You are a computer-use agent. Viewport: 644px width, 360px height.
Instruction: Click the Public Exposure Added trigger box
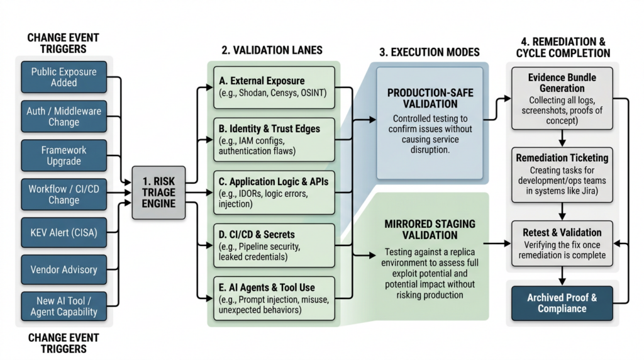click(x=64, y=77)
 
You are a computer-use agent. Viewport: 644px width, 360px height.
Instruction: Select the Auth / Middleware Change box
click(x=64, y=116)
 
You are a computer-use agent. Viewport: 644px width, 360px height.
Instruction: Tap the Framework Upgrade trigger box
click(x=64, y=156)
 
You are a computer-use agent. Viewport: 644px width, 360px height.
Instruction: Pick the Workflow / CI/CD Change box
click(x=64, y=194)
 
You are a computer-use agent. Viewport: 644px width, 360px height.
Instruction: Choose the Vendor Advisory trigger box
click(x=64, y=269)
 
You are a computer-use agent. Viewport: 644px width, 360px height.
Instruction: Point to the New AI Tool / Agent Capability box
click(x=64, y=306)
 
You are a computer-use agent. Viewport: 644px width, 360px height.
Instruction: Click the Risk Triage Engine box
click(x=160, y=193)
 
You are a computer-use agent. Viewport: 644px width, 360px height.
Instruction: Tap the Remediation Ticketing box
click(x=562, y=175)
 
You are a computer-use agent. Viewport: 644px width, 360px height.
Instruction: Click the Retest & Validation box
click(x=562, y=243)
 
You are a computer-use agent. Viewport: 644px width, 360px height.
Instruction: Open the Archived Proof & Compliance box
click(x=562, y=303)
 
